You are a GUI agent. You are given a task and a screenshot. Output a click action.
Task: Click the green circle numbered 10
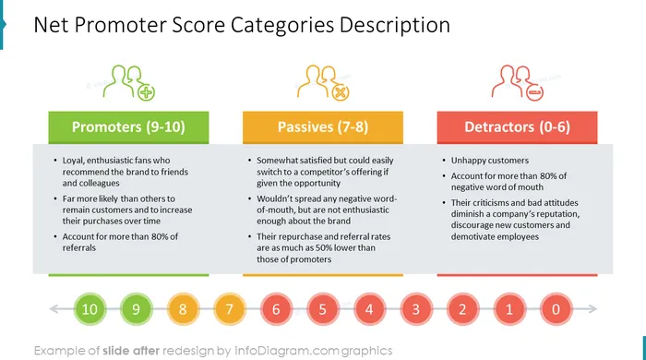pos(90,309)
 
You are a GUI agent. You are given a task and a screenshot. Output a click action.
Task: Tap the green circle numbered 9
pos(137,309)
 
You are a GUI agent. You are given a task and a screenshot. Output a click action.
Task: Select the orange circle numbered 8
pos(183,309)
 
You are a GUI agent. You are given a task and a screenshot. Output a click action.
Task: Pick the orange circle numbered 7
pos(230,309)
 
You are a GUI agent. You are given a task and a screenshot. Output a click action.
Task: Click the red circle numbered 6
pos(276,309)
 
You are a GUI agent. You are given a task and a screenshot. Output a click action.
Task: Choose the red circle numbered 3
pos(416,309)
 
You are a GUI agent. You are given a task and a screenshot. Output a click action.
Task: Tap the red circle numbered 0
pos(556,309)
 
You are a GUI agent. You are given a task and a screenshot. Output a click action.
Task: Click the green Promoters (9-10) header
pos(128,127)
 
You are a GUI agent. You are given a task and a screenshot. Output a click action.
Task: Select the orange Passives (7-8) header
pos(323,127)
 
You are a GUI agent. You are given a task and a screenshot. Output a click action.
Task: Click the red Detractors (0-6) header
pos(517,127)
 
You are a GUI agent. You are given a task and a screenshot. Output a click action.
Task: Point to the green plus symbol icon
pos(146,92)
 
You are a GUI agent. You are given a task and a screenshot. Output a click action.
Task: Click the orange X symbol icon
pos(341,92)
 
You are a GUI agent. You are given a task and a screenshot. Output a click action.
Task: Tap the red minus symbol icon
pos(534,92)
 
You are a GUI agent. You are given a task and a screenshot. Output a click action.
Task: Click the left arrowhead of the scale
pos(54,309)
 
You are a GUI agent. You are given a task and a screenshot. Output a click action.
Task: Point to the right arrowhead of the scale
pos(592,309)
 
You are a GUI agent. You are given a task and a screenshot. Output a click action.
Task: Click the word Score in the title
pos(198,25)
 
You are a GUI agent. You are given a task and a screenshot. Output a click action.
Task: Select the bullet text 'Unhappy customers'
pos(490,161)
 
